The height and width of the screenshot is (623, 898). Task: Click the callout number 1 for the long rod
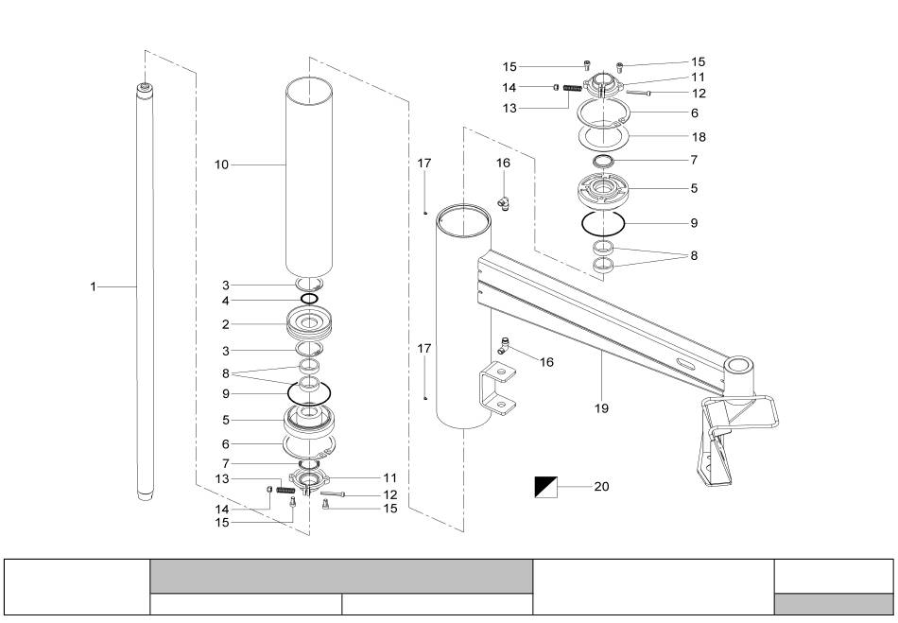click(94, 286)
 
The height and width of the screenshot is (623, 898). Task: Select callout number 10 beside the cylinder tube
click(221, 164)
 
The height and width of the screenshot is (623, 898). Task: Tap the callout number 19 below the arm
click(601, 408)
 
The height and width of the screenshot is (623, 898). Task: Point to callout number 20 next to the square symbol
click(601, 486)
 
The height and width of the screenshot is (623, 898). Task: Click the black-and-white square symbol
click(545, 487)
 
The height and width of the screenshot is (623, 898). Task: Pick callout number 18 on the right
click(699, 137)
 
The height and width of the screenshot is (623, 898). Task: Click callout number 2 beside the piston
click(226, 324)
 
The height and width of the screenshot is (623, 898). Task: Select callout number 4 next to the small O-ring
click(226, 301)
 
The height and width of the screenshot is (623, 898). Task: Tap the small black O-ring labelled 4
click(309, 299)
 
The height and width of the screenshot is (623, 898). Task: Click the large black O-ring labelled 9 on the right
click(603, 223)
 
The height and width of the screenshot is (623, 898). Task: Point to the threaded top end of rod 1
click(145, 88)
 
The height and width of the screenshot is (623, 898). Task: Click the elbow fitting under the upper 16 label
click(504, 202)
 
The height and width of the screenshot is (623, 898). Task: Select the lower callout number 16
click(547, 362)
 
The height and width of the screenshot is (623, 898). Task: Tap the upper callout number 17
click(423, 164)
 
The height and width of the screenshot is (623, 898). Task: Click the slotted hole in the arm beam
click(685, 363)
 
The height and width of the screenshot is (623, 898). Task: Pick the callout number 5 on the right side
click(694, 188)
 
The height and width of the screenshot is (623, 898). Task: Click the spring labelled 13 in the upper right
click(573, 88)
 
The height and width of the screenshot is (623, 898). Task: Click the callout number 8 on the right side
click(694, 255)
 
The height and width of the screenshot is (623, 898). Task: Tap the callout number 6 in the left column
click(226, 443)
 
